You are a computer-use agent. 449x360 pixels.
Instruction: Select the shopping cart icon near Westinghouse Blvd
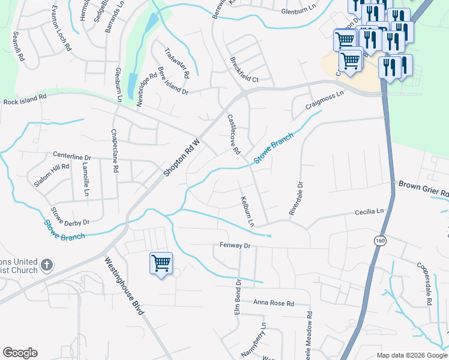(161, 263)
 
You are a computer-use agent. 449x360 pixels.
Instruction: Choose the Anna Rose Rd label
(274, 304)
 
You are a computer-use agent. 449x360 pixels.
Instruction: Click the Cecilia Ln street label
(369, 212)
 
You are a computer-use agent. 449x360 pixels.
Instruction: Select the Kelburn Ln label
(247, 211)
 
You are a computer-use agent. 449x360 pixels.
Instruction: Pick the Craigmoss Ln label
(325, 99)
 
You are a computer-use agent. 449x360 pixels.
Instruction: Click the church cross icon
(47, 265)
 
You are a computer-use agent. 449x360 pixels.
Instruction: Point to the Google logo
(20, 353)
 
